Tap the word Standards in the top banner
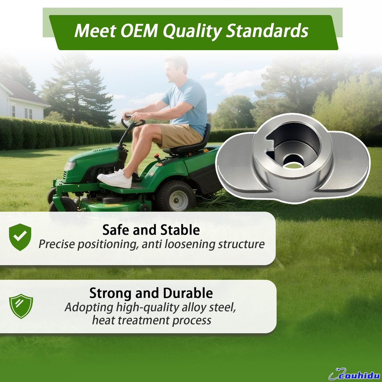click(267, 31)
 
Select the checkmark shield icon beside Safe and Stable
click(20, 237)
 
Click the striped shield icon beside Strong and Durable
click(21, 306)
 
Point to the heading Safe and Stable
click(151, 230)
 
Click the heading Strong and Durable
click(151, 293)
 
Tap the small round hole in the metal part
click(292, 163)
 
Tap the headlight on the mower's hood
click(70, 166)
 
